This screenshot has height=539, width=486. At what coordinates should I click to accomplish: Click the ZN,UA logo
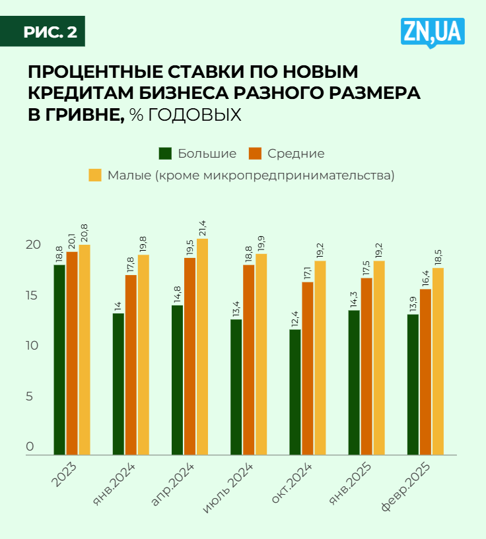[433, 32]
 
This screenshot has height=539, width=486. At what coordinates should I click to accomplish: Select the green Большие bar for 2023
[59, 360]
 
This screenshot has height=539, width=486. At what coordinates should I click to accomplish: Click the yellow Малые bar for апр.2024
[202, 346]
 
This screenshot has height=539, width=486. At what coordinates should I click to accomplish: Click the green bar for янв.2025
[354, 382]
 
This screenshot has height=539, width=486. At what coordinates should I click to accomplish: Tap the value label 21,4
[202, 228]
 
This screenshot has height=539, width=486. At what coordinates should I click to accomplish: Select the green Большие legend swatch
[165, 154]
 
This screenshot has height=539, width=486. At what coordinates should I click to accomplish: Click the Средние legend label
[296, 154]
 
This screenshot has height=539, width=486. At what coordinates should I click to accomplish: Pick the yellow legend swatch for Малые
[95, 175]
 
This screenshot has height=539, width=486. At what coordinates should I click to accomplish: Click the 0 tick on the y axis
[30, 447]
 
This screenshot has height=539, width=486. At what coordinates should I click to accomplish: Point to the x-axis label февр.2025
[407, 486]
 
